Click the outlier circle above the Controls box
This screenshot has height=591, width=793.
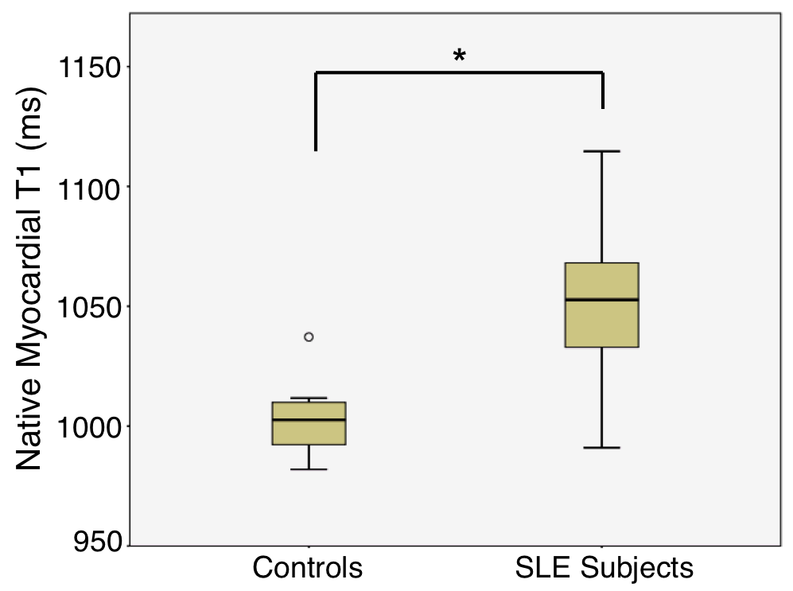pos(309,336)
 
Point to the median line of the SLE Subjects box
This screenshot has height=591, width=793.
pos(601,300)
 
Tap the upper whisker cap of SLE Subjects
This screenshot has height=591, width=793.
pos(601,151)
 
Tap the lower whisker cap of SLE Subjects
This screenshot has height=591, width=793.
pos(601,448)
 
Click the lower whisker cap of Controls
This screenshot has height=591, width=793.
pos(309,469)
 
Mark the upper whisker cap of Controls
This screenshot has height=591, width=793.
pos(309,398)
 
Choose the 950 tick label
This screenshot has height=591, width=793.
pos(98,546)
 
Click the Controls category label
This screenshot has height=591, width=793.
pos(308,568)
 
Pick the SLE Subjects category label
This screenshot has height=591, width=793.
pos(604,568)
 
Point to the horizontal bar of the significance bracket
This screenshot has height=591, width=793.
pos(459,72)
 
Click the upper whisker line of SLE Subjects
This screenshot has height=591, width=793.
pos(601,207)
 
